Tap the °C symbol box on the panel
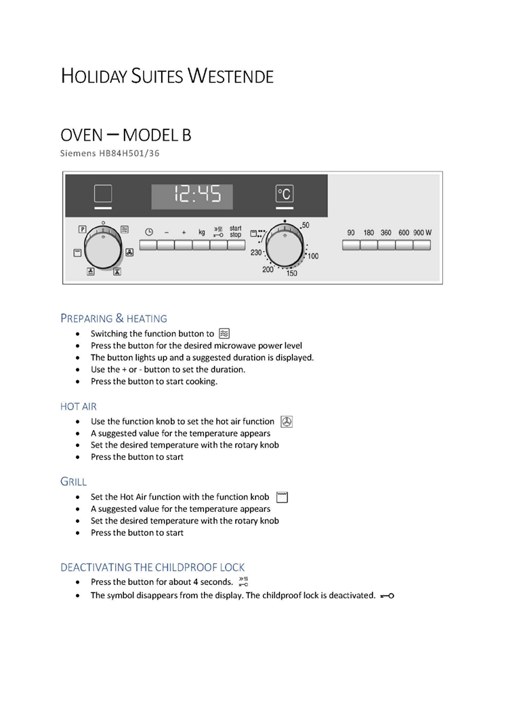(284, 194)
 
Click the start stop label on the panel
(235, 232)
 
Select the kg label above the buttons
(201, 232)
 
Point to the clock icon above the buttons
(149, 232)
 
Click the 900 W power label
(422, 232)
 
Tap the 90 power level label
(351, 232)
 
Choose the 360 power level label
(385, 232)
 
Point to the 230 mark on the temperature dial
(256, 253)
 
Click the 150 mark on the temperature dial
(291, 274)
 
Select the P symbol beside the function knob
(82, 230)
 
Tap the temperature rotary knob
(285, 245)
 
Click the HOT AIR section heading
(79, 406)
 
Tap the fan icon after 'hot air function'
(286, 422)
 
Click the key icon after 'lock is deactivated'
(387, 596)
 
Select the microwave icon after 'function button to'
(225, 333)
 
